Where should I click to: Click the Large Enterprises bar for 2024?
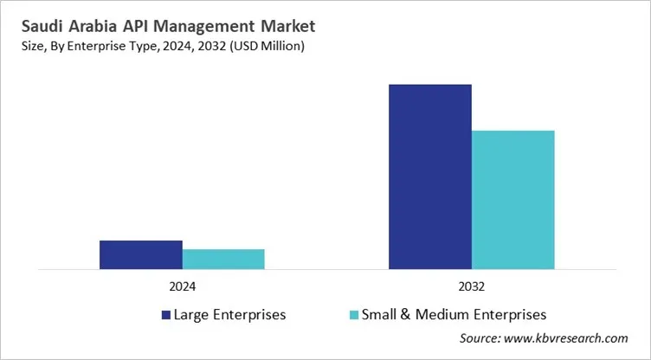tap(140, 255)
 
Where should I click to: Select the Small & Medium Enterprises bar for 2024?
tap(223, 260)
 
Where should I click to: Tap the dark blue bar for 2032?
tap(430, 177)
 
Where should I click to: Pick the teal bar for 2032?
tap(512, 200)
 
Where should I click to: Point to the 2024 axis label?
tap(182, 286)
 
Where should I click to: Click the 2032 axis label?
tap(472, 286)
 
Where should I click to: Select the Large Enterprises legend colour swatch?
tap(165, 314)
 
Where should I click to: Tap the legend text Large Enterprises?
tap(229, 314)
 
